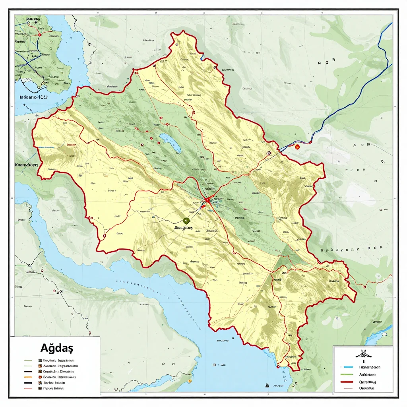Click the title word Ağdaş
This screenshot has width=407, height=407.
click(x=56, y=348)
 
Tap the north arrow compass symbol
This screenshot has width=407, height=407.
click(x=363, y=354)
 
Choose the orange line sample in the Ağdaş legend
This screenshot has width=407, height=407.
click(x=28, y=376)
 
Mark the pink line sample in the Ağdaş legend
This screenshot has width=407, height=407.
click(x=28, y=388)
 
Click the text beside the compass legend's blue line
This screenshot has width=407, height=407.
click(x=370, y=367)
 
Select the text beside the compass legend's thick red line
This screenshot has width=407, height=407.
click(x=368, y=381)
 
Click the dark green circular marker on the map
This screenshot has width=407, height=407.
click(x=186, y=221)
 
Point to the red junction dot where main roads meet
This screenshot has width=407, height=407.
click(x=207, y=200)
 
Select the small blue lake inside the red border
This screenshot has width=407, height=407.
click(x=171, y=143)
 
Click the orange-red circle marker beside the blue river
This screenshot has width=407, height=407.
click(x=297, y=147)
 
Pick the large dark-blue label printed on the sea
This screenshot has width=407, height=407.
click(x=34, y=97)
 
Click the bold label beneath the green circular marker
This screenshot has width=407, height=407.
click(x=183, y=229)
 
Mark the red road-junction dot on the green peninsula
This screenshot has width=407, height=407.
click(x=40, y=35)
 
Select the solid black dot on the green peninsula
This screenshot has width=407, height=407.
click(x=36, y=23)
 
